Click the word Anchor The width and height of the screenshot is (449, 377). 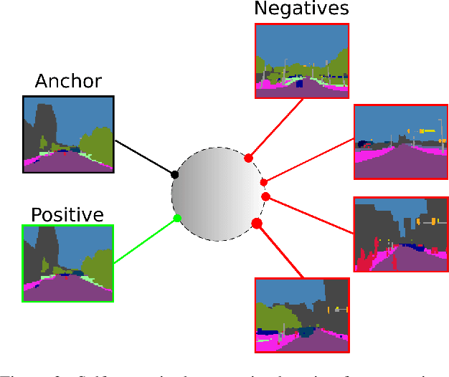pyautogui.click(x=68, y=82)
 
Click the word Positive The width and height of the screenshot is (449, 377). pyautogui.click(x=67, y=214)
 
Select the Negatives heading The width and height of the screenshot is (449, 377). pyautogui.click(x=301, y=9)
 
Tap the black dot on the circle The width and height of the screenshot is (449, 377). pyautogui.click(x=174, y=174)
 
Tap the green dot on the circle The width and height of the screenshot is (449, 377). pyautogui.click(x=177, y=219)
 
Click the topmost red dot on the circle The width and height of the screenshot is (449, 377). pyautogui.click(x=248, y=158)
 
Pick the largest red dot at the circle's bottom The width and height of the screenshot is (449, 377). pyautogui.click(x=257, y=224)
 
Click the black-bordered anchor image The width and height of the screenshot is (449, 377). pyautogui.click(x=68, y=134)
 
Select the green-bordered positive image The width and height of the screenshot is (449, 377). pyautogui.click(x=68, y=263)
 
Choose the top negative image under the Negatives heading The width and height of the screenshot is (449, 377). pyautogui.click(x=301, y=60)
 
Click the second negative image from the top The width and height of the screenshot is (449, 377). pyautogui.click(x=400, y=141)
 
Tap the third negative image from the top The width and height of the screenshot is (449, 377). pyautogui.click(x=400, y=234)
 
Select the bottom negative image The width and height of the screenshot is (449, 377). pyautogui.click(x=301, y=315)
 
